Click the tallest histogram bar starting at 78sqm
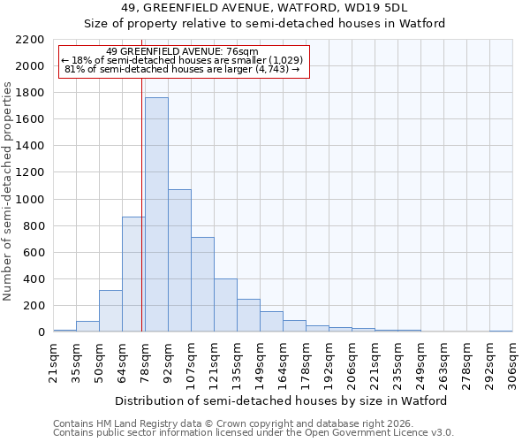pyautogui.click(x=156, y=215)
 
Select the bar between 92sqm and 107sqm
pyautogui.click(x=179, y=261)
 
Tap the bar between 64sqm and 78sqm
pyautogui.click(x=133, y=274)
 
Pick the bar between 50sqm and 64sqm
pyautogui.click(x=110, y=311)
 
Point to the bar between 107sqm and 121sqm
pyautogui.click(x=202, y=285)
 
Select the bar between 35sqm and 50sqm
pyautogui.click(x=87, y=326)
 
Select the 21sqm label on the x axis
pyautogui.click(x=53, y=362)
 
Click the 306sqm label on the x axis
pyautogui.click(x=512, y=362)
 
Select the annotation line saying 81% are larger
pyautogui.click(x=183, y=69)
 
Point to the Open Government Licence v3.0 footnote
pyautogui.click(x=254, y=433)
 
